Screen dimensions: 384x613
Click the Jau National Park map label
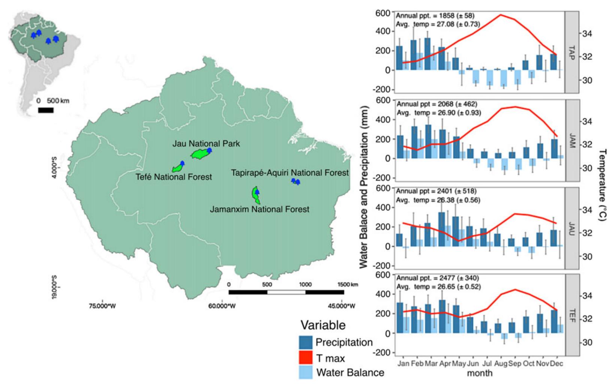click(206, 143)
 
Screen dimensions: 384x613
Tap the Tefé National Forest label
click(174, 177)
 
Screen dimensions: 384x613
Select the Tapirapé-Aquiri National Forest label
click(290, 173)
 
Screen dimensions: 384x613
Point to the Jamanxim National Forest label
click(259, 209)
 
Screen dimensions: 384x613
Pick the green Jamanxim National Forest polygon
click(256, 194)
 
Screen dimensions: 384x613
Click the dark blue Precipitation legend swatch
click(306, 342)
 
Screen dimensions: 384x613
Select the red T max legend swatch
click(306, 358)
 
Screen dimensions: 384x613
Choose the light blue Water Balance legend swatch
click(306, 372)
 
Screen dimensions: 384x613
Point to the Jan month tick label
click(402, 364)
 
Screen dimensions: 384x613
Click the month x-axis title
click(480, 373)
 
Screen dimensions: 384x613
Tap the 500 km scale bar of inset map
click(46, 110)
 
